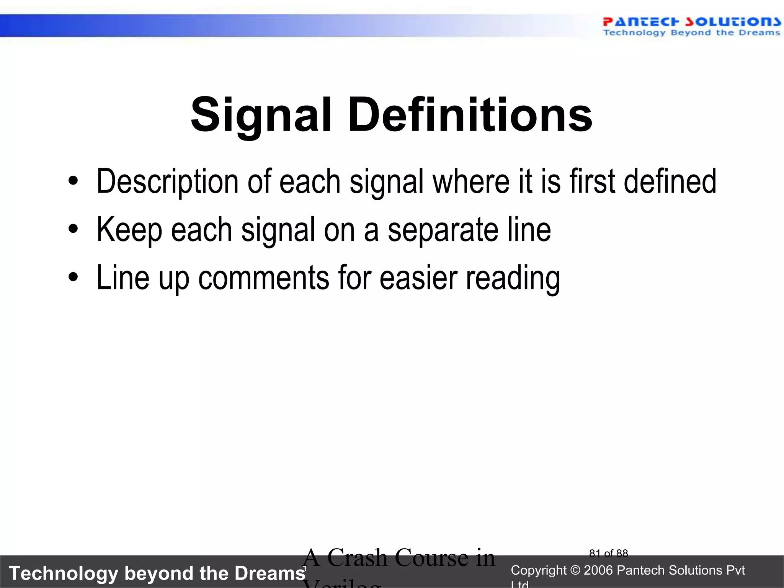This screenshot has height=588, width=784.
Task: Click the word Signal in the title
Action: (260, 115)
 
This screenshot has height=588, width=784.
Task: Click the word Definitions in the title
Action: (470, 115)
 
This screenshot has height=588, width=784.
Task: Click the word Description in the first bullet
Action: (167, 181)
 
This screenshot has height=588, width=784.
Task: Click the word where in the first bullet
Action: (471, 181)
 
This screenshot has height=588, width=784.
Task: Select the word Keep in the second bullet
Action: (129, 230)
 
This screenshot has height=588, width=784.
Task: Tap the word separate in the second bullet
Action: (443, 230)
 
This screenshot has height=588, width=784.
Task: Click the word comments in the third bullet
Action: (263, 278)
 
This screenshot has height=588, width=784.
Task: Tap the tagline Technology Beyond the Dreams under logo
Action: (691, 33)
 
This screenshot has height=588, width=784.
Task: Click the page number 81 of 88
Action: (608, 554)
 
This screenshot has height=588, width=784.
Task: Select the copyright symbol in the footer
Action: (575, 570)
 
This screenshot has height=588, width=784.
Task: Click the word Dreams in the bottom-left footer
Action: (270, 573)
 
